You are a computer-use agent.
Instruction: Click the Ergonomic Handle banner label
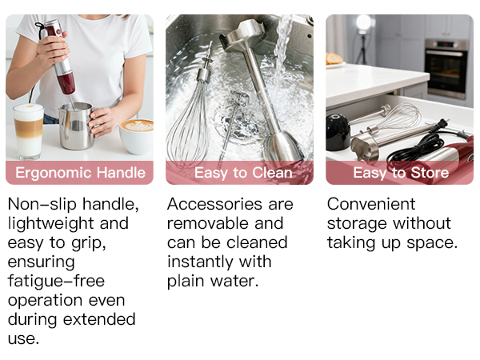point(81,173)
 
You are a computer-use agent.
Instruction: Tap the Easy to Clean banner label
point(243,173)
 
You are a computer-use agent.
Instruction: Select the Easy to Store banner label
point(400,173)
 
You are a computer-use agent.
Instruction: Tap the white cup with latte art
point(137,134)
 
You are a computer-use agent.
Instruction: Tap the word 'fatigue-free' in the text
point(56,281)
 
